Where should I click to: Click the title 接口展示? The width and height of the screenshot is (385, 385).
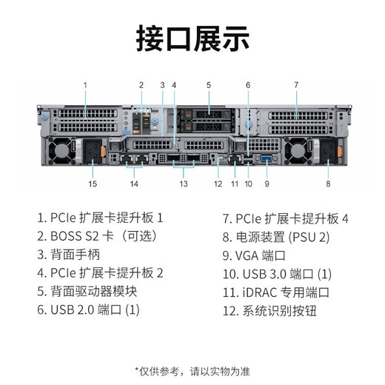pyautogui.click(x=192, y=38)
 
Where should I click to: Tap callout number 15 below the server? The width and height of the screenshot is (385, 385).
pyautogui.click(x=93, y=184)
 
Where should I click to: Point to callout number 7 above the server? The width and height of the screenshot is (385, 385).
pyautogui.click(x=296, y=85)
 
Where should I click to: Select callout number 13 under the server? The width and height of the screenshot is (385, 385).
pyautogui.click(x=184, y=184)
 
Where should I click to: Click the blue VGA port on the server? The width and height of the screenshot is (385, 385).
pyautogui.click(x=267, y=158)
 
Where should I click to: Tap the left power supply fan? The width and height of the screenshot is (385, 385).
pyautogui.click(x=61, y=150)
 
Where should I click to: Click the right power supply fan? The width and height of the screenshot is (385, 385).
pyautogui.click(x=298, y=150)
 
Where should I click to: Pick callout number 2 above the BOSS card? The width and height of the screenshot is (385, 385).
pyautogui.click(x=141, y=85)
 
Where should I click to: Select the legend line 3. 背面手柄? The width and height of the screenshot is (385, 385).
pyautogui.click(x=69, y=255)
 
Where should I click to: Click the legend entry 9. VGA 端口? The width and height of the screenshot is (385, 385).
pyautogui.click(x=254, y=255)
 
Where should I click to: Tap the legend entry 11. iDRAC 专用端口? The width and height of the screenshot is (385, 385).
pyautogui.click(x=276, y=292)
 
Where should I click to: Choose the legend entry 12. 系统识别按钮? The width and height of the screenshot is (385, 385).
pyautogui.click(x=269, y=311)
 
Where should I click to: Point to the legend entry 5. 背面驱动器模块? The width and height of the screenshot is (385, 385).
pyautogui.click(x=87, y=291)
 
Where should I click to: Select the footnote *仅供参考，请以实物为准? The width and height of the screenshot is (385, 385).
pyautogui.click(x=192, y=372)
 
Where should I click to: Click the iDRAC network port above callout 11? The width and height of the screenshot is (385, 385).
pyautogui.click(x=235, y=159)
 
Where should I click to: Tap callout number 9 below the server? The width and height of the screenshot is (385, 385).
pyautogui.click(x=267, y=184)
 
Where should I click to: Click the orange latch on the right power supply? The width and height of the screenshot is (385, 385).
pyautogui.click(x=340, y=152)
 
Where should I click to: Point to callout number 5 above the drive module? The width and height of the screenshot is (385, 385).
pyautogui.click(x=209, y=85)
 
